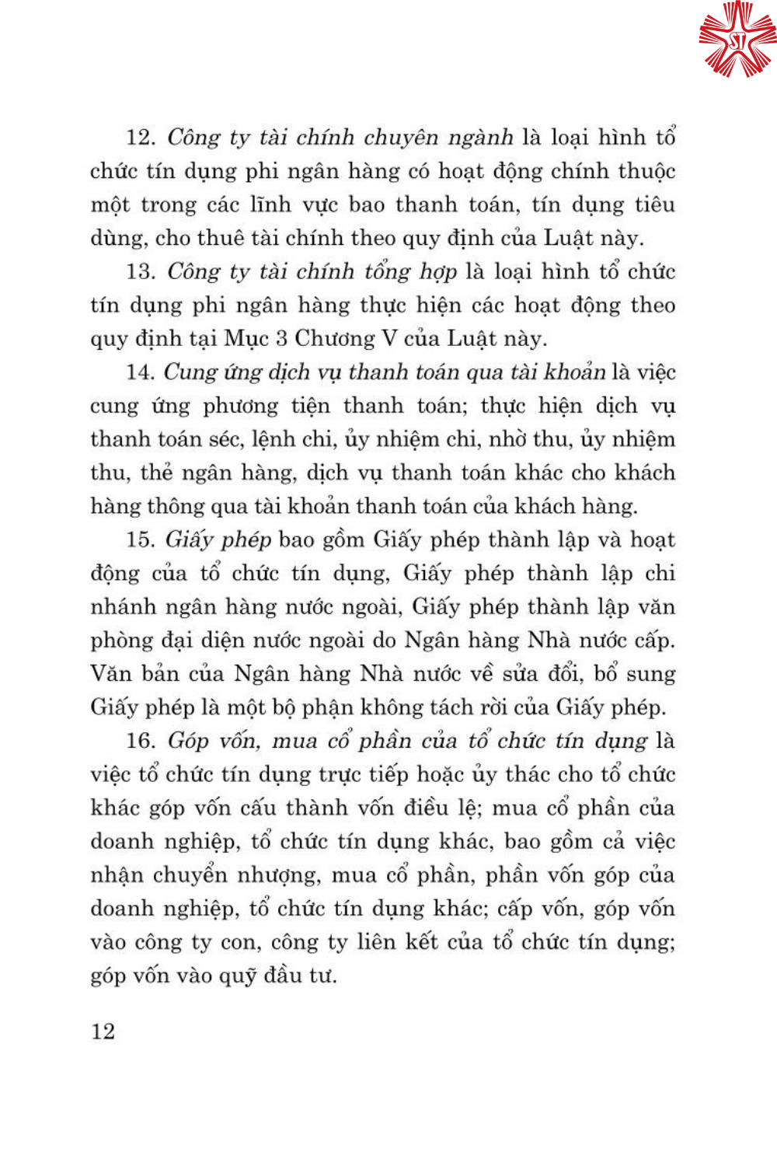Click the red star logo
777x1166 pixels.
point(737,39)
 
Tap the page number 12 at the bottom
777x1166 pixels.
point(103,1032)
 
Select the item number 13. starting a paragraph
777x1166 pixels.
point(141,271)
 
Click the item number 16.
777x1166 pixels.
point(141,741)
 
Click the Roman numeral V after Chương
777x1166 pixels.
point(389,339)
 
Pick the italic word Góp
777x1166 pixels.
point(188,741)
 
